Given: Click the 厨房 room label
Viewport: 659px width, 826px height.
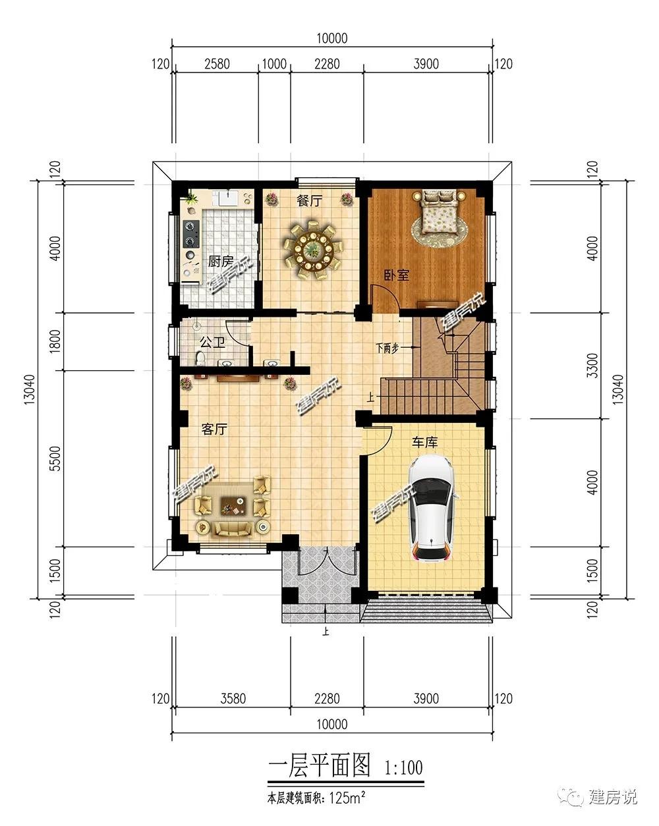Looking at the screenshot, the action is click(x=220, y=262).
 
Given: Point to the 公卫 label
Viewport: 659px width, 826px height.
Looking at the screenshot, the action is click(x=212, y=342).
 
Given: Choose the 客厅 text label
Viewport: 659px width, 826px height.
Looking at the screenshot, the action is click(x=214, y=429).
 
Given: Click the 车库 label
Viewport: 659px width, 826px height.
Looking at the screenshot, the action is click(x=425, y=442).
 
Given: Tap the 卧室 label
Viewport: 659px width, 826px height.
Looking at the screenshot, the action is click(x=397, y=275).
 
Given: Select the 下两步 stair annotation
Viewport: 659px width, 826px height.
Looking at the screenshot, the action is click(x=387, y=348).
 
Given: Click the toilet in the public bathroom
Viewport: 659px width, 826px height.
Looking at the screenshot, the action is click(x=200, y=358).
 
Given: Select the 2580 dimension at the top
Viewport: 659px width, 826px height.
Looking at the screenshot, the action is click(x=217, y=64).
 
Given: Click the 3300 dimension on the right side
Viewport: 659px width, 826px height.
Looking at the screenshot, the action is click(x=592, y=366).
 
